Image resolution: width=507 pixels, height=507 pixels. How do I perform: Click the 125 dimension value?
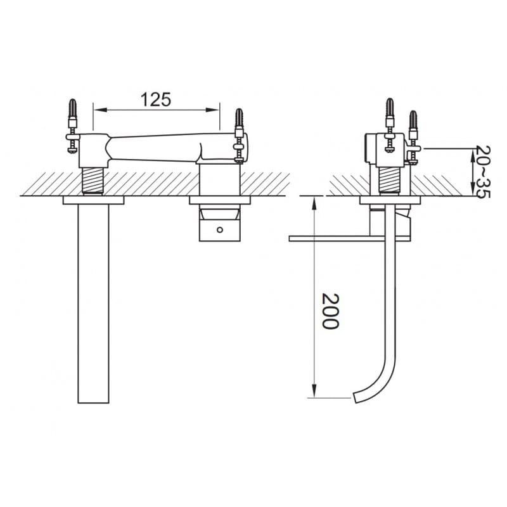[155, 99]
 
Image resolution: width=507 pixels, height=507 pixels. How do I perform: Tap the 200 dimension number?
[330, 311]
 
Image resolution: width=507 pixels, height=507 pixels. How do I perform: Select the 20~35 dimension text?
[484, 172]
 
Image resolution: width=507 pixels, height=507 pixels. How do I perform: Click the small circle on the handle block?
[220, 230]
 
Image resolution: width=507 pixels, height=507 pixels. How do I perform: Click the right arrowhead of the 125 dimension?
[213, 110]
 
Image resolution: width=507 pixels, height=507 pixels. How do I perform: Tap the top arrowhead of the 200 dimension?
[314, 203]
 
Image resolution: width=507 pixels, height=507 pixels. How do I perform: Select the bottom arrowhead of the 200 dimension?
[314, 390]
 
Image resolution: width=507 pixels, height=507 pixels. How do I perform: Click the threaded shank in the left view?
[93, 181]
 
